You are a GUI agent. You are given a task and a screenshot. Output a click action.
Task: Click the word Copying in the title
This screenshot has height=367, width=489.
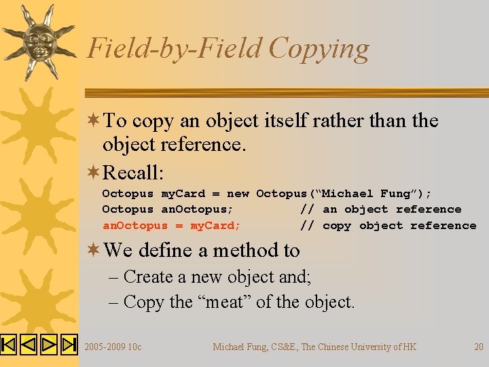[x=319, y=49]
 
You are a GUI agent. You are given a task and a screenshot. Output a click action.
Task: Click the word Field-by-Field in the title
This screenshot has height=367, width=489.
[x=175, y=49]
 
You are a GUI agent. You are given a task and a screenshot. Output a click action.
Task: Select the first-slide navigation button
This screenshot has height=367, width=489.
[x=8, y=345]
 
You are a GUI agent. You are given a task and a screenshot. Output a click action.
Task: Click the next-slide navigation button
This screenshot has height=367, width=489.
[x=49, y=345]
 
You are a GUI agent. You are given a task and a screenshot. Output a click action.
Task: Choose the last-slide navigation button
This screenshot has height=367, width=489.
[x=69, y=345]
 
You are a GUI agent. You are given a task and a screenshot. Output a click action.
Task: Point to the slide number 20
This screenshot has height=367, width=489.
[x=479, y=347]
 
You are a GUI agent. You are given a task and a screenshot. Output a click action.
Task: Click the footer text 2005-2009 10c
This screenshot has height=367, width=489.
[x=113, y=347]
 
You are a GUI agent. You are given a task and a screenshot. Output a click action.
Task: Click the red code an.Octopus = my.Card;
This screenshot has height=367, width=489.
[x=171, y=226]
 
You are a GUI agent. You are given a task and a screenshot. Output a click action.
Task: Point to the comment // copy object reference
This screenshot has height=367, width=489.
[x=388, y=226]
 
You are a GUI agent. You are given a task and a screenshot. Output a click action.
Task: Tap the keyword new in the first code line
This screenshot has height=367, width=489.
[x=238, y=194]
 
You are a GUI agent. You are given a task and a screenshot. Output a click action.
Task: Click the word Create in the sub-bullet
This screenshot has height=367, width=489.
[x=148, y=277]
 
